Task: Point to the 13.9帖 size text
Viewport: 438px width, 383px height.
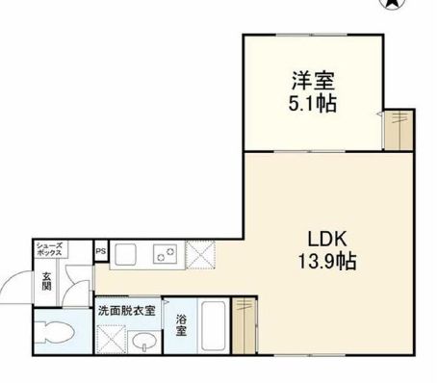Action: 325,261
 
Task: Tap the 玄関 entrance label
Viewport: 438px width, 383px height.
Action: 45,284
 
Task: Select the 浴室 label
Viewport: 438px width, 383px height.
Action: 182,327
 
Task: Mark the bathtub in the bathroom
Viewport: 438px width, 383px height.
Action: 215,328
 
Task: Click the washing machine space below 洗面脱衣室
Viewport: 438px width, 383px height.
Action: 113,339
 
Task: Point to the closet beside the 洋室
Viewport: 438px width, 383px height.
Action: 397,128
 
